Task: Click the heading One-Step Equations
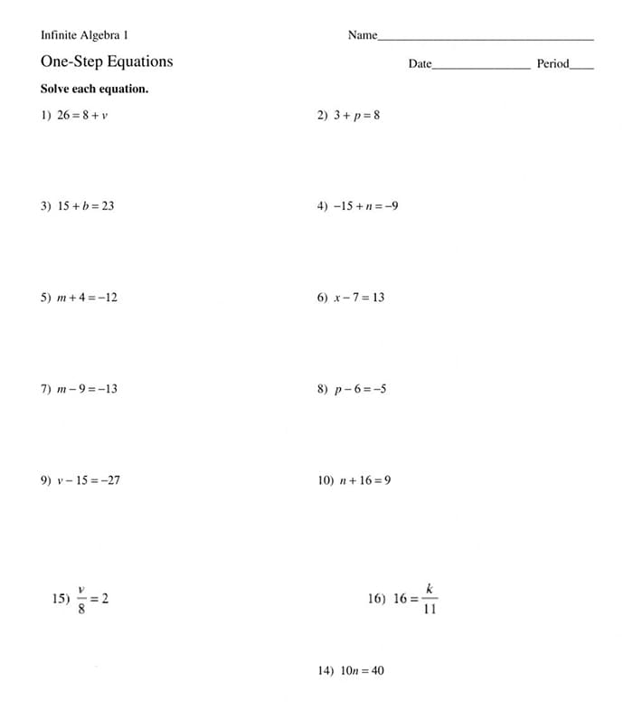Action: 106,62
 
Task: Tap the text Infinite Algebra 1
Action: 84,35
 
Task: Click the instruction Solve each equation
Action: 94,90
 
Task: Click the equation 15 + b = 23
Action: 86,206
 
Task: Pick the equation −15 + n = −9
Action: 365,206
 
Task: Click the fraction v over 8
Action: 81,599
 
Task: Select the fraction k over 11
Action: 430,599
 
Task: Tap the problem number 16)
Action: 377,599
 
